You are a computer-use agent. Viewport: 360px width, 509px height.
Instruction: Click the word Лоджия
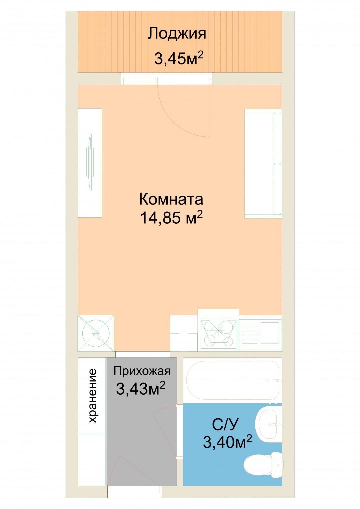[x=177, y=34]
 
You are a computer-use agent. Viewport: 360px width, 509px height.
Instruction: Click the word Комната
[x=171, y=199]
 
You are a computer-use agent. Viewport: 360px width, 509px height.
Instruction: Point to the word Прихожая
[x=142, y=371]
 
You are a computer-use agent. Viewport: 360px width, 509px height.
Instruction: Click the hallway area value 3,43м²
[x=141, y=388]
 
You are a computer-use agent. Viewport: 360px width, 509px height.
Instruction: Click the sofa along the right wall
[x=263, y=164]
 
